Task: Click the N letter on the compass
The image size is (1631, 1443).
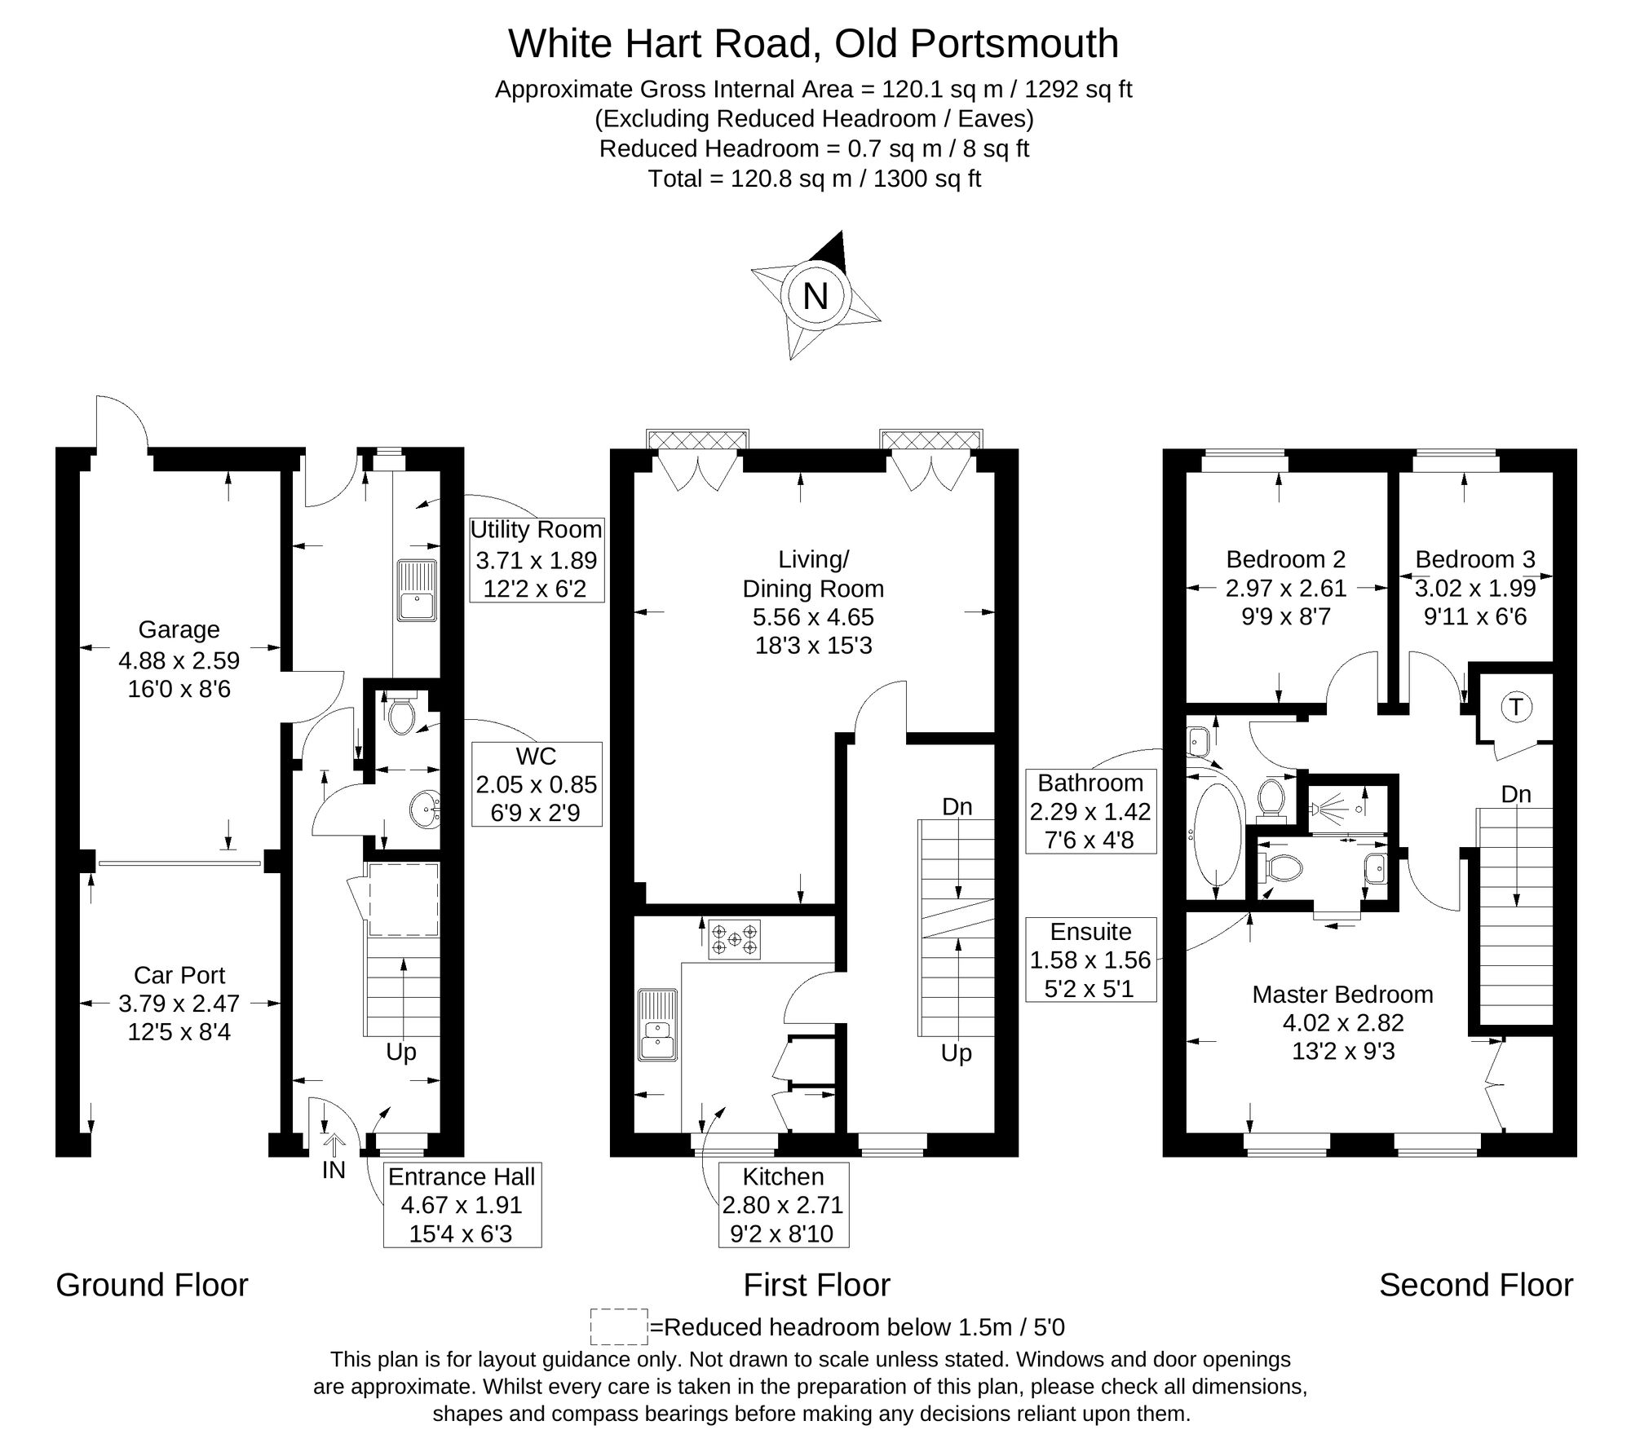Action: pos(815,296)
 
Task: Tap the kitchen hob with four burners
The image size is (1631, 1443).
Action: pos(734,939)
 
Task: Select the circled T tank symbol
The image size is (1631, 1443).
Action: pos(1516,707)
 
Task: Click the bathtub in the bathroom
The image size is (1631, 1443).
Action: pos(1218,835)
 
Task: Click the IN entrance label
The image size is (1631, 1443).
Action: pos(334,1170)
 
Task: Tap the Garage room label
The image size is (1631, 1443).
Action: pos(179,629)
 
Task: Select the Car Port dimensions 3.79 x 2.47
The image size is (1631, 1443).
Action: pos(179,1004)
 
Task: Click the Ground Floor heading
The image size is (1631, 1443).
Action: pos(152,1285)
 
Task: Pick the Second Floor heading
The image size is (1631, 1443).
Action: pos(1475,1285)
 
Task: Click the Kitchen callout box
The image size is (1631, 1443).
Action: pos(783,1204)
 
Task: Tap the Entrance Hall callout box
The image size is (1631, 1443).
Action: pos(462,1204)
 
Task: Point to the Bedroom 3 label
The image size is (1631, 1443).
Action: pos(1475,559)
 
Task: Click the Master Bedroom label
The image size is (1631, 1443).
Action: pos(1342,995)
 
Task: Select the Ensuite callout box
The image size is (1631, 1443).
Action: pos(1090,960)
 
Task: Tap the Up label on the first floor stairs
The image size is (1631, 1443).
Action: pos(956,1052)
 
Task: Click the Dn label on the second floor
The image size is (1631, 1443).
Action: pos(1515,794)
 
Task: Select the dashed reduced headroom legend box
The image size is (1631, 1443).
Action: pos(618,1327)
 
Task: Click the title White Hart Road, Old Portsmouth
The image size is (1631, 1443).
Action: pos(813,43)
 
